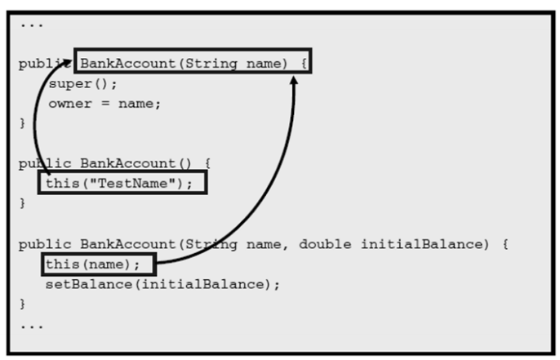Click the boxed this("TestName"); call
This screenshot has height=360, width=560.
click(122, 183)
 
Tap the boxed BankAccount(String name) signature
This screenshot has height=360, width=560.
click(193, 63)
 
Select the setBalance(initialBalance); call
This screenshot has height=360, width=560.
click(162, 284)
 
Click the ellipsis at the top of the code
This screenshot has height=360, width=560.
click(33, 23)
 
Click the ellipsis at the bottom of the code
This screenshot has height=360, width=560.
click(33, 324)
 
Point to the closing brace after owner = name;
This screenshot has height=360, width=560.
click(22, 123)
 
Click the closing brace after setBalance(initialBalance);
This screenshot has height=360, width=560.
click(22, 304)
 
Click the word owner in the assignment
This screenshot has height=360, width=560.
click(66, 103)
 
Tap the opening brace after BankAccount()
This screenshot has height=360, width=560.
click(207, 163)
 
